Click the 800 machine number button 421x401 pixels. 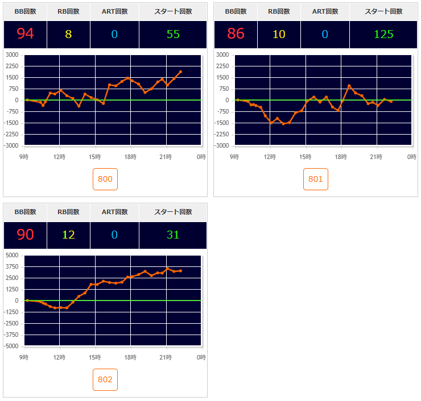click(x=105, y=179)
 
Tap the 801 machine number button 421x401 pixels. click(x=316, y=179)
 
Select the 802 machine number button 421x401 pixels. click(x=105, y=379)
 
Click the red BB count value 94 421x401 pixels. click(x=26, y=34)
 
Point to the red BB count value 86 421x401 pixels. click(x=236, y=34)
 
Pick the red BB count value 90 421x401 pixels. click(x=26, y=235)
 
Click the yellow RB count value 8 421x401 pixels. click(x=68, y=34)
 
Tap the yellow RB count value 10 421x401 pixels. click(x=279, y=34)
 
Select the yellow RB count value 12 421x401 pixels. click(x=68, y=235)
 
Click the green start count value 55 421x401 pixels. click(x=174, y=34)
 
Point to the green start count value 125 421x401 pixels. click(x=384, y=34)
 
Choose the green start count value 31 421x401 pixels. click(x=174, y=235)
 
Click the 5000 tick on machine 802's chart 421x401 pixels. click(x=11, y=255)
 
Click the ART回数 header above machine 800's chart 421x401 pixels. click(x=114, y=11)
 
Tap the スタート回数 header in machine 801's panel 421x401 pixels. click(x=384, y=11)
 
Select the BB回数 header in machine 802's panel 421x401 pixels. click(x=26, y=212)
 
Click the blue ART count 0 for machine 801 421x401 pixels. click(x=325, y=34)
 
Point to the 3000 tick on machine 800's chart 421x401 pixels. click(x=11, y=55)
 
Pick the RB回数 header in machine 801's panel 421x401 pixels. click(x=279, y=11)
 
